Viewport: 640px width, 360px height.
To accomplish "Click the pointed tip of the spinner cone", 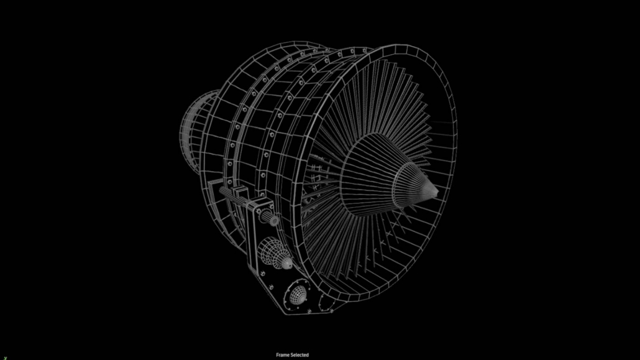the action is tap(437, 192).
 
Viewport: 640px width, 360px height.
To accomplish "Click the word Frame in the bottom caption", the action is tap(283, 355).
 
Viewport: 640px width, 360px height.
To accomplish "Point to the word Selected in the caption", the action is tap(299, 355).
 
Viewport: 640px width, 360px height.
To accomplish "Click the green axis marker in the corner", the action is tap(5, 358).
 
